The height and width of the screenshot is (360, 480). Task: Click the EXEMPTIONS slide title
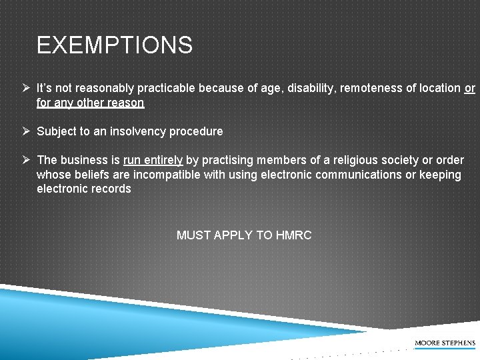115,45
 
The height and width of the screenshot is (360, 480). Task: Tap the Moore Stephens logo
445,343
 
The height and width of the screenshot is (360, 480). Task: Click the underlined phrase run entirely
153,160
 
